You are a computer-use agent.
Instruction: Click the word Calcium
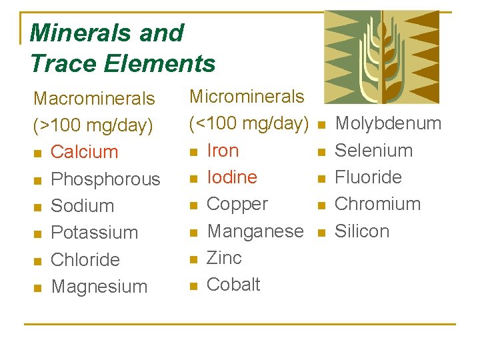tap(84, 152)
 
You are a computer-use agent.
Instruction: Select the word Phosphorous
tap(105, 179)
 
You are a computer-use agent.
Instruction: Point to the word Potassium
tap(94, 233)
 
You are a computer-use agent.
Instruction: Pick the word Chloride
tap(85, 260)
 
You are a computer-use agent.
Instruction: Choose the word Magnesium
tap(99, 287)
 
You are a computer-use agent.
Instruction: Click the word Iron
tap(223, 151)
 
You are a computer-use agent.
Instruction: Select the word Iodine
tap(232, 177)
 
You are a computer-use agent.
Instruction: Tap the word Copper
tap(237, 204)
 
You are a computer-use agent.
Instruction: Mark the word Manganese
tap(255, 231)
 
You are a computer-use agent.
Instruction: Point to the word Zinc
tap(224, 257)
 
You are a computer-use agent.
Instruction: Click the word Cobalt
tap(233, 284)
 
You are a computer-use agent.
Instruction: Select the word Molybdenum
tap(388, 123)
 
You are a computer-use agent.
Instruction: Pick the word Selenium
tap(373, 151)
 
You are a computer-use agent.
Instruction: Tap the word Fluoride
tap(368, 177)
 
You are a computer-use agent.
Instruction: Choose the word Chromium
tap(377, 204)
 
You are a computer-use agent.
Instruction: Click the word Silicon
tap(361, 231)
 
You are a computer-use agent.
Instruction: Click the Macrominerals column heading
tap(94, 99)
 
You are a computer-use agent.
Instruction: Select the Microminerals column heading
tap(247, 97)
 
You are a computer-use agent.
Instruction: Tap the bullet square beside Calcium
tap(37, 153)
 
